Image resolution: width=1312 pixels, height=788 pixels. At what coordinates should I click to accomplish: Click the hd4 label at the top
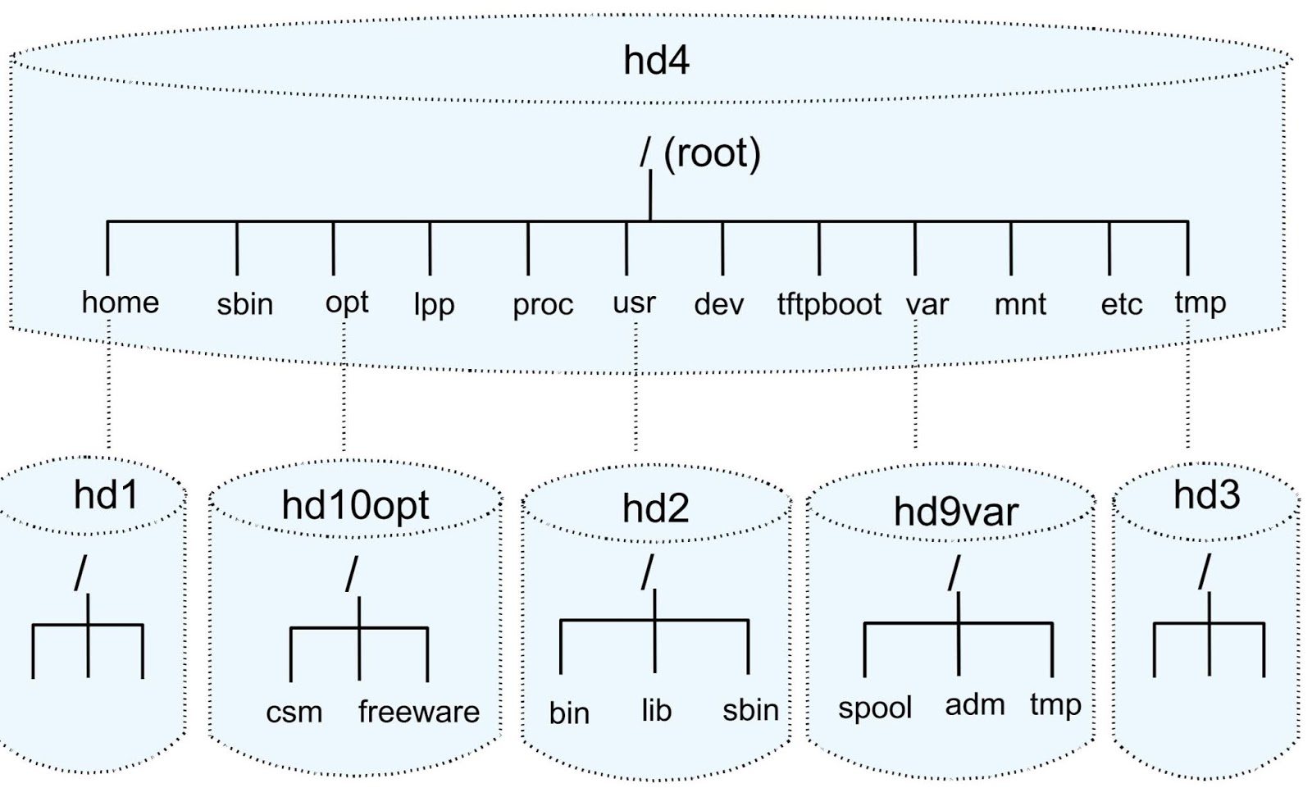tap(656, 61)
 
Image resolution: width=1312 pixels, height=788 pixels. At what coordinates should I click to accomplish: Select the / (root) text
tap(700, 153)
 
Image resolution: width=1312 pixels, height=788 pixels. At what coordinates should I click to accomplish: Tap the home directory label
tap(121, 302)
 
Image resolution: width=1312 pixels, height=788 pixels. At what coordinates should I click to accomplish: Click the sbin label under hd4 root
tap(244, 304)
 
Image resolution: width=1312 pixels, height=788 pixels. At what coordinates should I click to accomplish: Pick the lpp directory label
tap(433, 305)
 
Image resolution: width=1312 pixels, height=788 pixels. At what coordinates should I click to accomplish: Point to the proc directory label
tap(542, 305)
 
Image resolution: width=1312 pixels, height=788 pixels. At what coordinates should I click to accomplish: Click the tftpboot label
tap(828, 304)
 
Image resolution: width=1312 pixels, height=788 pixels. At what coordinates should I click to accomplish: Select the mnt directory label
tap(1019, 305)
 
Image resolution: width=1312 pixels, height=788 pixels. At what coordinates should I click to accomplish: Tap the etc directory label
tap(1121, 304)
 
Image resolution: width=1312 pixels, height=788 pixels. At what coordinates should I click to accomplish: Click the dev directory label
tap(718, 304)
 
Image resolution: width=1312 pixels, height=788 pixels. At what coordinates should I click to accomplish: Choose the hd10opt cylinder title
tap(355, 505)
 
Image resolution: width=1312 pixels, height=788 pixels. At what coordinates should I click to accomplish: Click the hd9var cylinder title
tap(955, 512)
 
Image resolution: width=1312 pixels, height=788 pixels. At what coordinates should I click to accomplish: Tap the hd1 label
tap(106, 495)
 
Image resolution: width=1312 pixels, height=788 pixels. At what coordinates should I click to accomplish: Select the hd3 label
tap(1206, 494)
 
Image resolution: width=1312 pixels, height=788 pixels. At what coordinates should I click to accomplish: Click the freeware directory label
tap(418, 711)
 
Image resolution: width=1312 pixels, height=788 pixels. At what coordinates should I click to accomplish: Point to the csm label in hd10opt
tap(294, 712)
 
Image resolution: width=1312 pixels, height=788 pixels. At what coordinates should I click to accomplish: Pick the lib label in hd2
tap(656, 710)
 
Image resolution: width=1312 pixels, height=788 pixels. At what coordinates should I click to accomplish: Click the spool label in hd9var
tap(874, 708)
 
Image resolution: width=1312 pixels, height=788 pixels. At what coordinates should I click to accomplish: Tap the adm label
tap(974, 704)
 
